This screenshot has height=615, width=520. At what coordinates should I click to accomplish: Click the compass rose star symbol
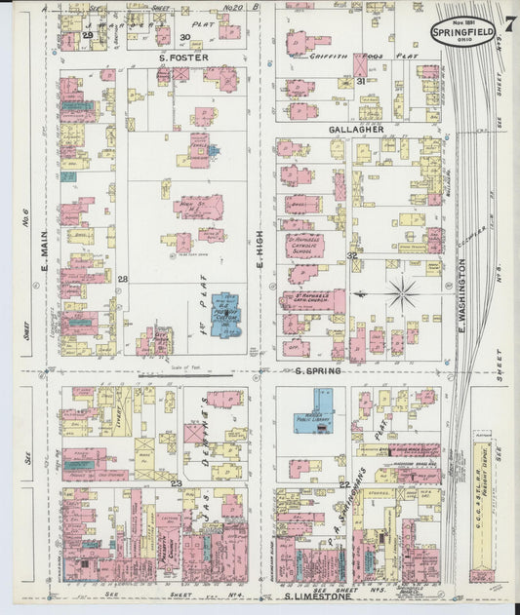pyautogui.click(x=401, y=290)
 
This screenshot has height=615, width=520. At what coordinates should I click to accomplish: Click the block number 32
pyautogui.click(x=351, y=254)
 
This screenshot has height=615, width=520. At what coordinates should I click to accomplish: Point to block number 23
pyautogui.click(x=177, y=482)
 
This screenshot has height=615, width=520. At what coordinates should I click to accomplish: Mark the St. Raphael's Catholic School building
pyautogui.click(x=304, y=245)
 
